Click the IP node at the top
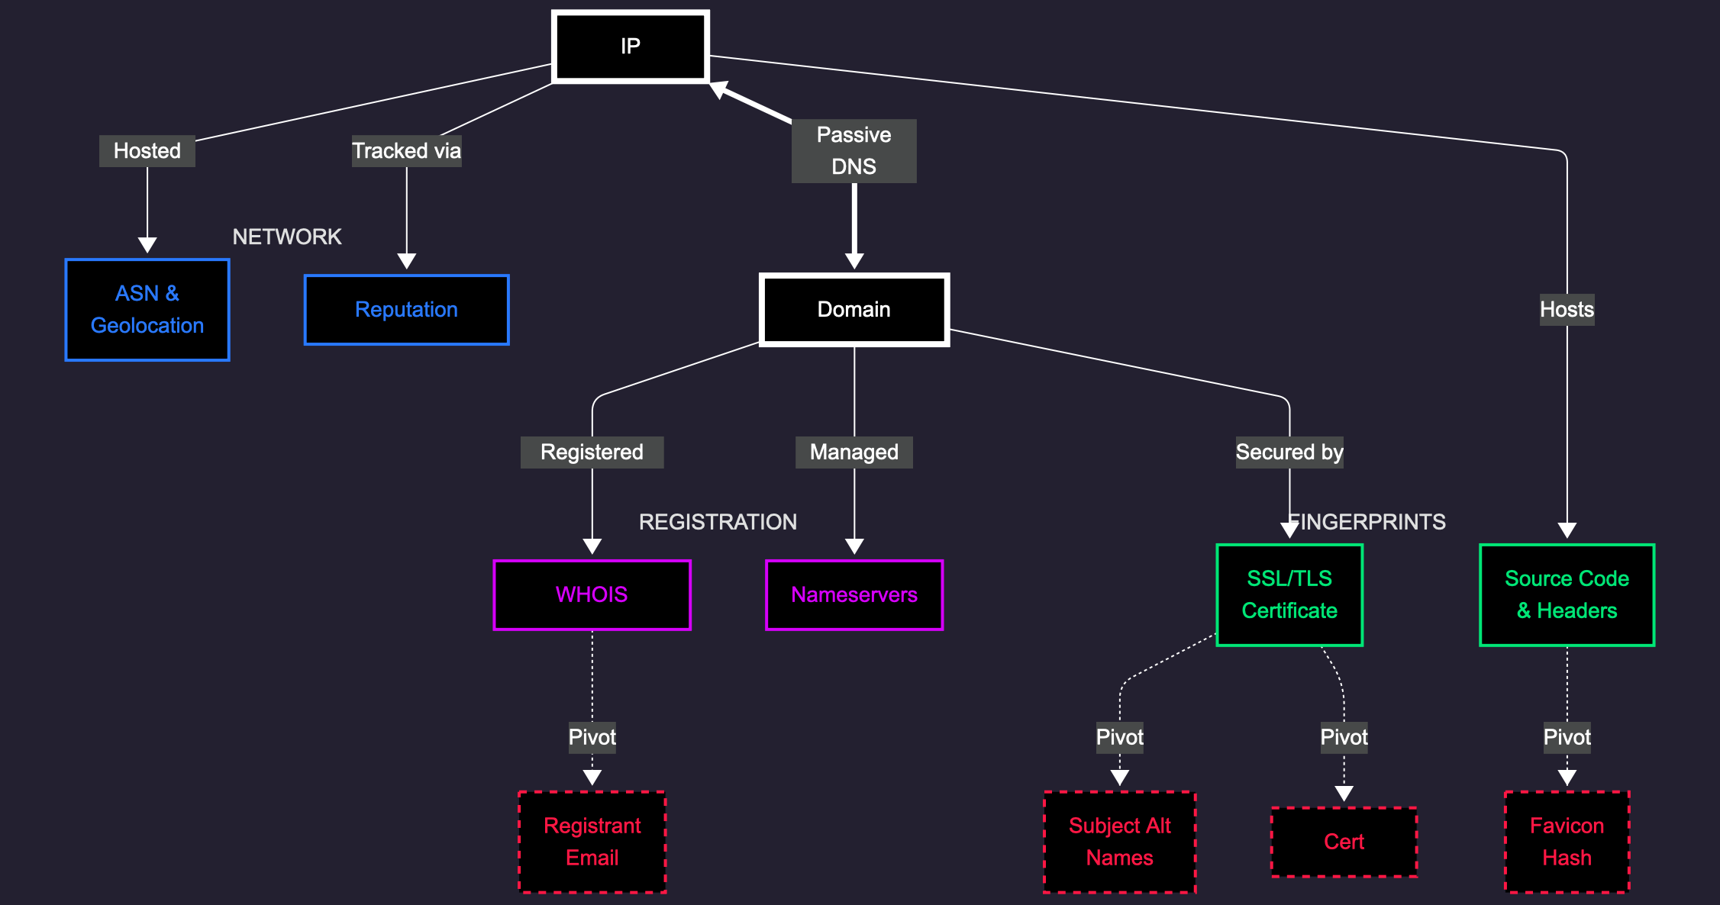[630, 47]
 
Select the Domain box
[854, 309]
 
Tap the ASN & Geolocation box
[147, 309]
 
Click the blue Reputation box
[406, 309]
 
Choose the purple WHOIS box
[592, 594]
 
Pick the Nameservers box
[854, 594]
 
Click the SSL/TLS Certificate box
[1289, 594]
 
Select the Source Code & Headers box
[1567, 594]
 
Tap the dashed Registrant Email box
[592, 842]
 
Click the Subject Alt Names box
[1119, 842]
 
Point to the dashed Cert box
[1344, 842]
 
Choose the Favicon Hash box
[1567, 842]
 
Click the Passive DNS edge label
[854, 150]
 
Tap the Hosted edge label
[147, 150]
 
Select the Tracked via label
[406, 150]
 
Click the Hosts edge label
[1567, 309]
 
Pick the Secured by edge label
[1289, 452]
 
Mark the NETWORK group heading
[287, 237]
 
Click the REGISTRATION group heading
[718, 522]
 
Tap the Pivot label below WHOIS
[592, 737]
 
